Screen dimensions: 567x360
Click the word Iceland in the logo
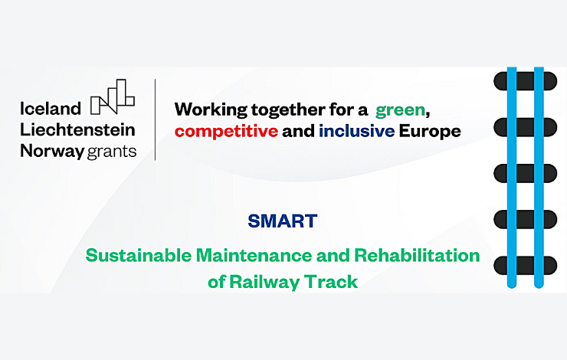pyautogui.click(x=51, y=109)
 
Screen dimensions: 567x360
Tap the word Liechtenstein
pyautogui.click(x=77, y=129)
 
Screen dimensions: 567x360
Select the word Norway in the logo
pyautogui.click(x=52, y=152)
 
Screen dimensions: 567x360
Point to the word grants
pyautogui.click(x=112, y=152)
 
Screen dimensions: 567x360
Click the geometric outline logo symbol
pyautogui.click(x=113, y=97)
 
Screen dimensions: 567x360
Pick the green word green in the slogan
pyautogui.click(x=400, y=110)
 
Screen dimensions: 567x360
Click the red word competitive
pyautogui.click(x=226, y=131)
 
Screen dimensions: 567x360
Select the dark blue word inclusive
pyautogui.click(x=356, y=131)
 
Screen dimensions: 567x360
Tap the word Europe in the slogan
pyautogui.click(x=430, y=132)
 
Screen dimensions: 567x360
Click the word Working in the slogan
pyautogui.click(x=211, y=110)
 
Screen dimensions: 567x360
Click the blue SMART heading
pyautogui.click(x=283, y=221)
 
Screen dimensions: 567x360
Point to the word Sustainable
pyautogui.click(x=139, y=256)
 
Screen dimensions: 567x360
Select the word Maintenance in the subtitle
pyautogui.click(x=254, y=256)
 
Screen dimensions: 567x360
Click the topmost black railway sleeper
pyautogui.click(x=525, y=81)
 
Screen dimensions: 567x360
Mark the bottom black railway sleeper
pyautogui.click(x=525, y=265)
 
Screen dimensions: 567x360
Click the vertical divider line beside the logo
pyautogui.click(x=155, y=119)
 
